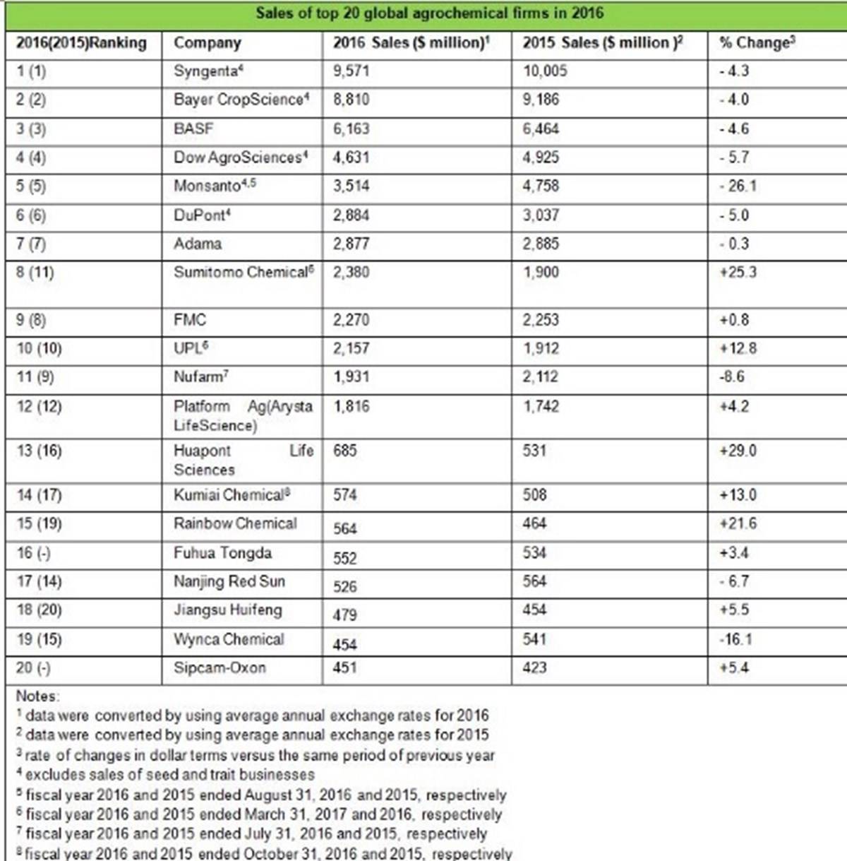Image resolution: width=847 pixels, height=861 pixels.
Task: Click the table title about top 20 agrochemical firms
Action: (429, 13)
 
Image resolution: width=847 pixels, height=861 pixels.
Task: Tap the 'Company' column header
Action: (208, 43)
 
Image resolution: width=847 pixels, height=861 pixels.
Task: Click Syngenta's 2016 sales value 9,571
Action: (352, 71)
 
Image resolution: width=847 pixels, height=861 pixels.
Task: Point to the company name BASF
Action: (193, 129)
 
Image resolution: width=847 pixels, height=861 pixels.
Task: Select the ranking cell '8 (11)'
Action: (35, 273)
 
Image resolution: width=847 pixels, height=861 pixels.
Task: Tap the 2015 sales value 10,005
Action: (545, 71)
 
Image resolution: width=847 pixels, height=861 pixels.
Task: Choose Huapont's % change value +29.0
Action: (738, 451)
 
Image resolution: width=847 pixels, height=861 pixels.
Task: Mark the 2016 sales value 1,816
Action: (352, 406)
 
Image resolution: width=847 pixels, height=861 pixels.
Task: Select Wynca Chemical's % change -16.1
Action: (735, 640)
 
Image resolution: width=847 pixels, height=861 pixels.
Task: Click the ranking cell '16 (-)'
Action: (34, 553)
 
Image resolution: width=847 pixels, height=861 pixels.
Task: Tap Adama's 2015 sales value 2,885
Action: (541, 244)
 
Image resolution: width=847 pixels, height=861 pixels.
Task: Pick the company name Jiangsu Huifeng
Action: (228, 610)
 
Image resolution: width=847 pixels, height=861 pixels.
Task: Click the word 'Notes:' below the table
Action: (38, 696)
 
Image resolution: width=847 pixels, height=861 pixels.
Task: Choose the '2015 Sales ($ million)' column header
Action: (602, 43)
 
